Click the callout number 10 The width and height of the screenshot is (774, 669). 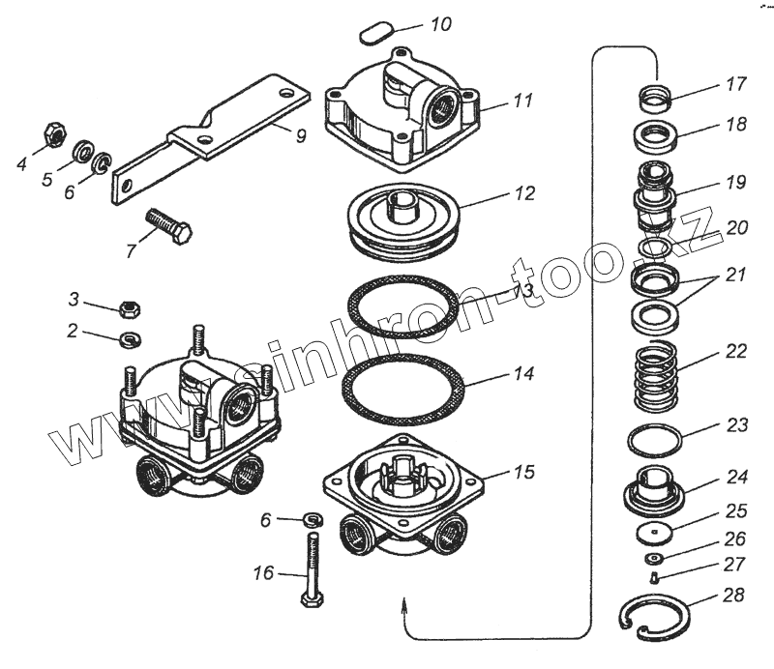pyautogui.click(x=441, y=24)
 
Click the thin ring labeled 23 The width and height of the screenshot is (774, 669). pyautogui.click(x=654, y=440)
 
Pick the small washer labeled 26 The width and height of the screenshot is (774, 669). pyautogui.click(x=654, y=559)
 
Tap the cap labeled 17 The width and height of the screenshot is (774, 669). pyautogui.click(x=656, y=99)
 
